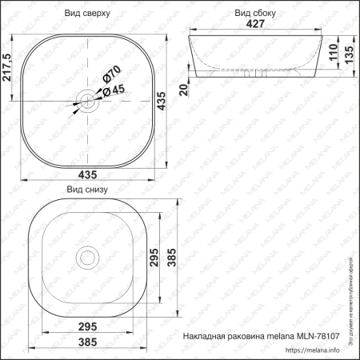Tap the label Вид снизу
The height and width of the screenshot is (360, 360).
coord(86,190)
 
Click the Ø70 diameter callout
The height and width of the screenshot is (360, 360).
coord(110,78)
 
